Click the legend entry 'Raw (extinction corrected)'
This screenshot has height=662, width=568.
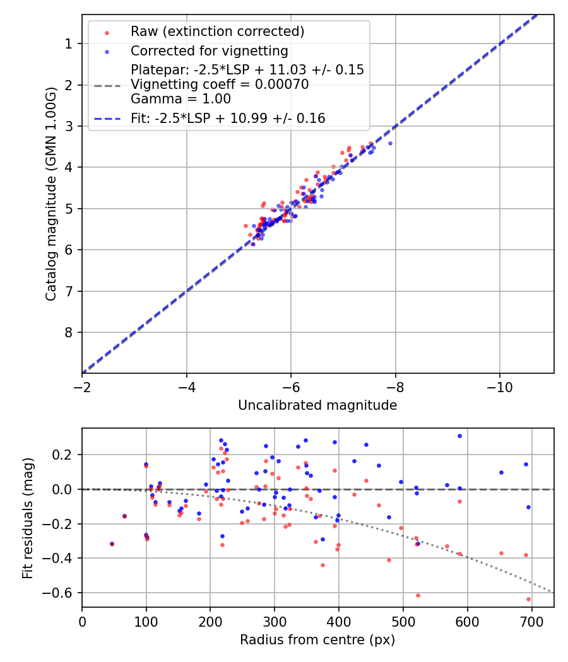coord(217,31)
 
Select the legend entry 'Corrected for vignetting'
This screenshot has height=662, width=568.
coord(209,50)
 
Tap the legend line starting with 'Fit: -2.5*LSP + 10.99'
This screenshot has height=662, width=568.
coord(228,118)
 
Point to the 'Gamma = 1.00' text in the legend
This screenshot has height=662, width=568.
coord(180,99)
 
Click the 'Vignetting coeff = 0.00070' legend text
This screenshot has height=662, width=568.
coord(220,84)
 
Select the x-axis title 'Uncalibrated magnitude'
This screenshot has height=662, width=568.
coord(317,405)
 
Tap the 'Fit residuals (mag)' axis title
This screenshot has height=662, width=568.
coord(28,518)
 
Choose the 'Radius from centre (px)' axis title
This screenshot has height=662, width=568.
coord(317,640)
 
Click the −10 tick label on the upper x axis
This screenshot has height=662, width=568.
coord(499,384)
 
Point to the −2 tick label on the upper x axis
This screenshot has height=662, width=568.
coord(82,384)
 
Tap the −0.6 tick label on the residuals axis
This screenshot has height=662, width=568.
coord(61,593)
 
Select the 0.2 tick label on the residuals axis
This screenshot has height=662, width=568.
coord(66,455)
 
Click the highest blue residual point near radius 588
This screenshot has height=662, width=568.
coord(459,436)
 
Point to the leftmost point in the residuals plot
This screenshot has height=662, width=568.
coord(112,543)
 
